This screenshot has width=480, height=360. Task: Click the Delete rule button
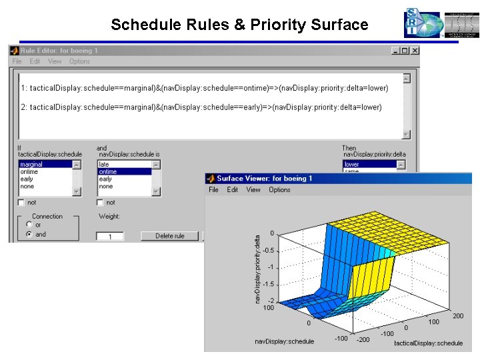[x=169, y=236]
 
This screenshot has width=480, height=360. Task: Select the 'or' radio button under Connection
[x=29, y=225]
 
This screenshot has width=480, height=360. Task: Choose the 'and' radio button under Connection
[x=29, y=235]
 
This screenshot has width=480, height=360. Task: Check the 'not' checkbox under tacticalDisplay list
[x=22, y=202]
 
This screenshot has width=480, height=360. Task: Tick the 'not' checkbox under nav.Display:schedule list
[x=100, y=202]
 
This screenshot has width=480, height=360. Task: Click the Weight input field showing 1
[x=110, y=236]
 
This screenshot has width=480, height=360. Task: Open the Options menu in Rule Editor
[x=79, y=61]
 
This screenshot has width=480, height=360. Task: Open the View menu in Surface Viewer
[x=253, y=190]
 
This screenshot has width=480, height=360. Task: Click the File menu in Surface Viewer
[x=213, y=190]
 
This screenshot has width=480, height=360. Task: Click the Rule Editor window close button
[x=414, y=51]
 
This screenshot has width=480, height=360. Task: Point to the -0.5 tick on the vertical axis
[x=267, y=251]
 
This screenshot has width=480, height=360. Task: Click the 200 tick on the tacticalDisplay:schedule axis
[x=458, y=316]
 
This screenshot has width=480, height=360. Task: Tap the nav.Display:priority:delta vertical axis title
[x=258, y=269]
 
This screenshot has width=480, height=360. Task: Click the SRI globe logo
[x=422, y=24]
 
